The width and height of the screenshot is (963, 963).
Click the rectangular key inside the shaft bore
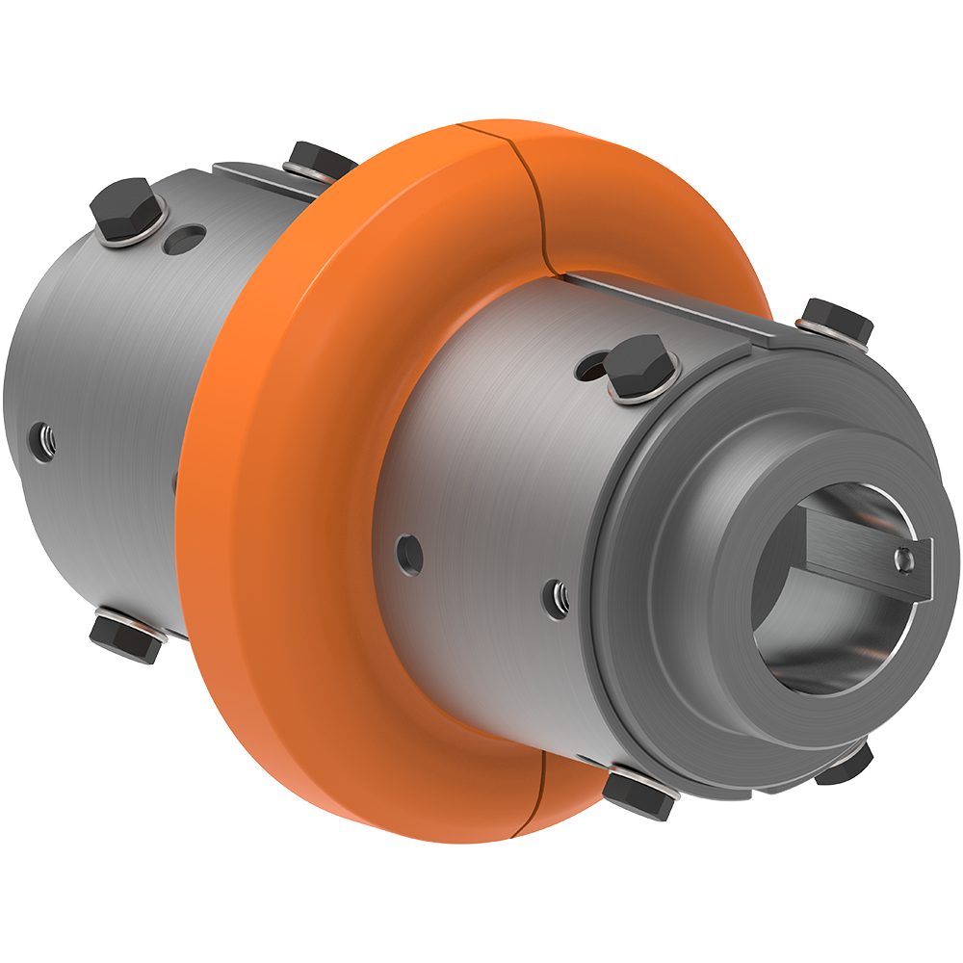pos(867,559)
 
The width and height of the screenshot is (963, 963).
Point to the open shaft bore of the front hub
pos(819,616)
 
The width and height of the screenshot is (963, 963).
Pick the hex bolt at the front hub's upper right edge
pos(836,320)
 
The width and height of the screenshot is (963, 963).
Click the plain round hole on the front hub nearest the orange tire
pos(409,552)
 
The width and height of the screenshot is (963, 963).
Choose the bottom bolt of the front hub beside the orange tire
pos(638,794)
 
